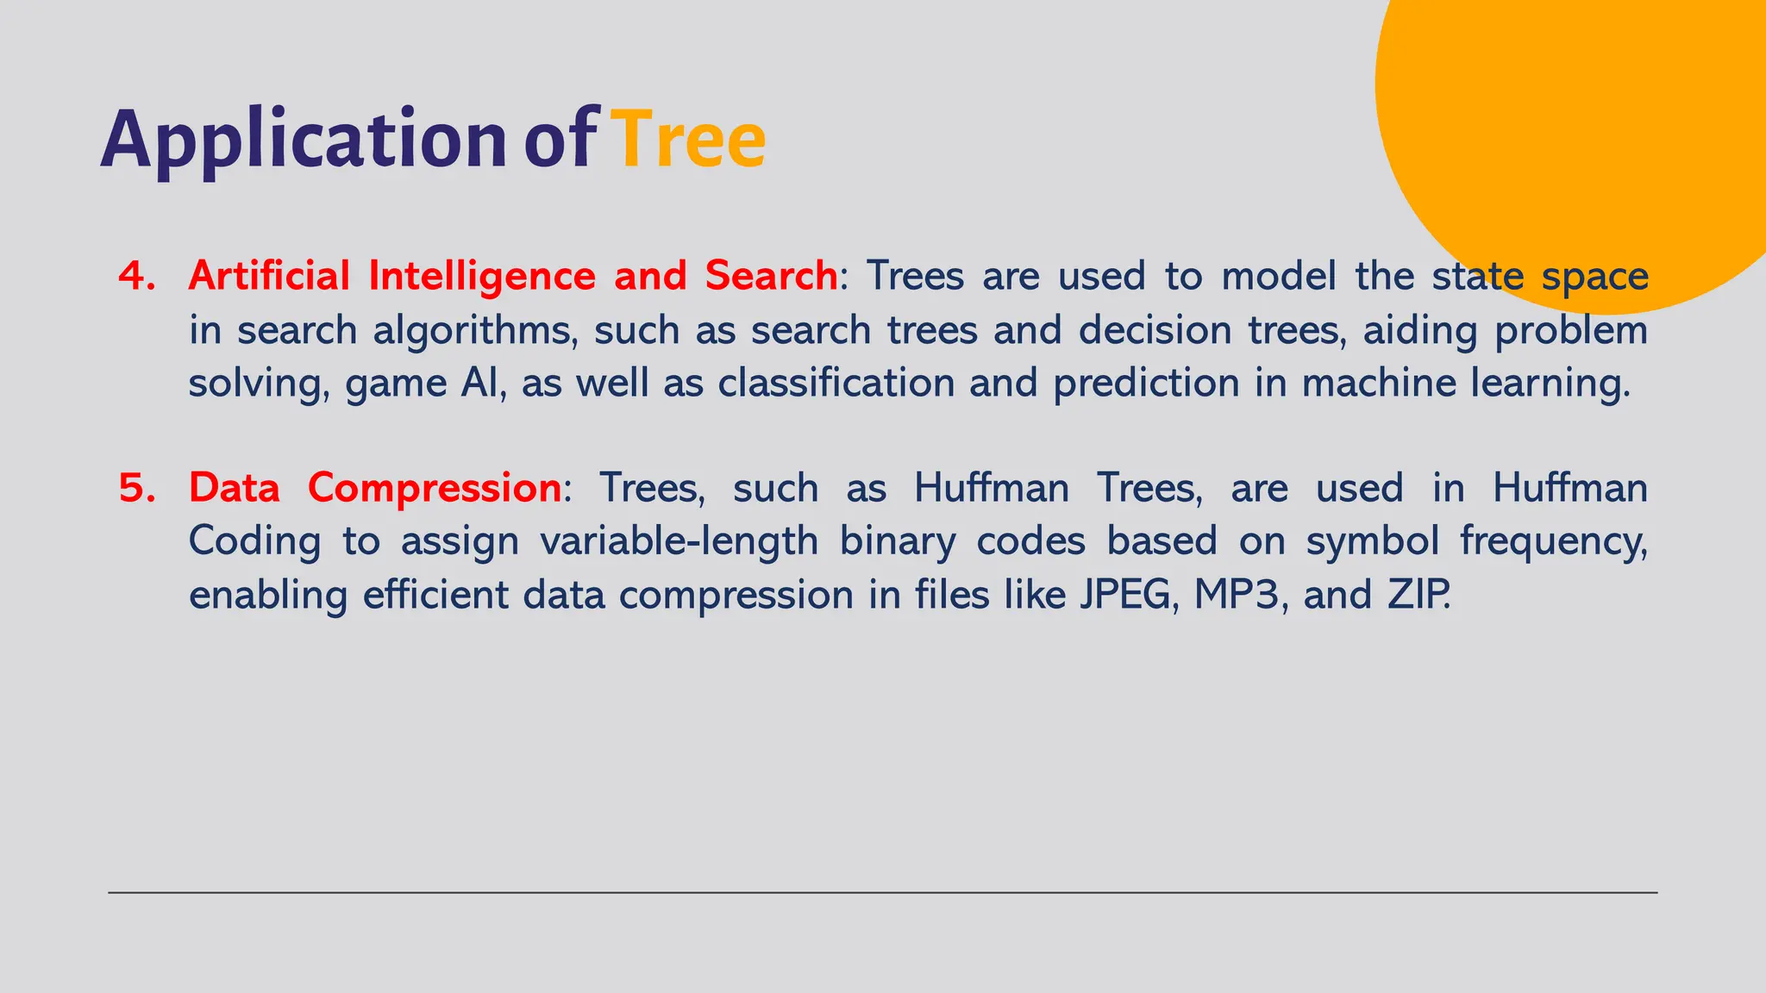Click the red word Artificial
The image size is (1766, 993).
tap(268, 277)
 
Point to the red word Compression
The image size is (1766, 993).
tap(435, 489)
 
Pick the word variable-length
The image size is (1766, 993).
tap(679, 542)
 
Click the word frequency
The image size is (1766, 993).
tap(1551, 542)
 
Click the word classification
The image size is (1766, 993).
tap(836, 384)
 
